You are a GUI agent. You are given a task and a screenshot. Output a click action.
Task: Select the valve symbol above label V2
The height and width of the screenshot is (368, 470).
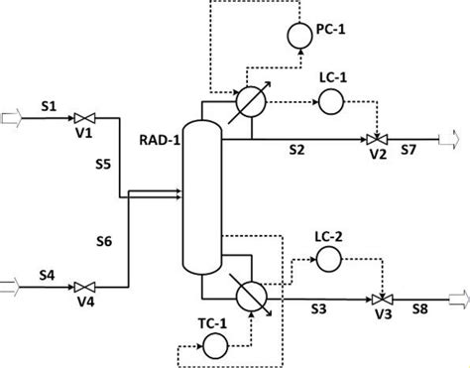click(x=375, y=139)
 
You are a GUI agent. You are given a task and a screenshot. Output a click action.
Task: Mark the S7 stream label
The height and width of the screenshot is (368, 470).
click(x=409, y=152)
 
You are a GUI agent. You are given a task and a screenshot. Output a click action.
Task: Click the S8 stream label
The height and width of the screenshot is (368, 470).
click(x=419, y=311)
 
